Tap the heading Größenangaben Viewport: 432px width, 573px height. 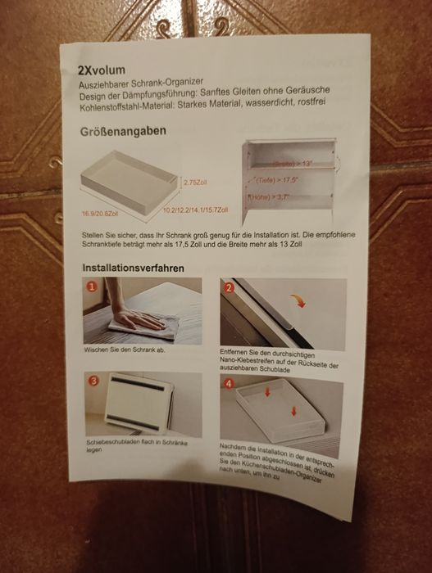(123, 132)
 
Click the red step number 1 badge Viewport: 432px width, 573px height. (93, 287)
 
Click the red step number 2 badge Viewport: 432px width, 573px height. (229, 287)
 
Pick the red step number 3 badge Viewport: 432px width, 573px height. (94, 381)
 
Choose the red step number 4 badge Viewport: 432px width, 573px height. (230, 383)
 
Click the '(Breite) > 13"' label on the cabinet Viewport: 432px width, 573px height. (293, 165)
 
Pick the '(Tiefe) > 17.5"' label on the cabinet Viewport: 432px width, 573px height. (279, 180)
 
